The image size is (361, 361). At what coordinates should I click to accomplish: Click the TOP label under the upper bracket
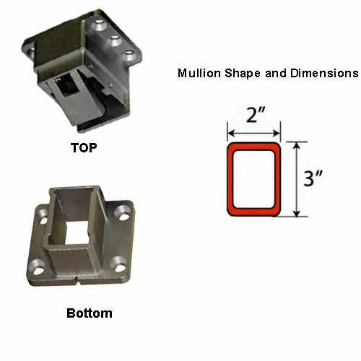(x=84, y=147)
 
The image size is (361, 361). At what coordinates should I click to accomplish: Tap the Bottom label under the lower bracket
(x=90, y=313)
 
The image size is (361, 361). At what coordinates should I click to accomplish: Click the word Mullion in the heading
(x=199, y=73)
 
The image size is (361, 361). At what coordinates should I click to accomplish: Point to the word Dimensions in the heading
(x=324, y=73)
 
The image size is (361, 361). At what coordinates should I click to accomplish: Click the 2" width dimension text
(x=256, y=115)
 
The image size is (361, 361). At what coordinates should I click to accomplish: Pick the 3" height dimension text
(x=313, y=178)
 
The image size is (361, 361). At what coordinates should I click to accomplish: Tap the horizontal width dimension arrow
(x=254, y=133)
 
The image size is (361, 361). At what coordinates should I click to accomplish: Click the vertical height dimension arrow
(x=297, y=179)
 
